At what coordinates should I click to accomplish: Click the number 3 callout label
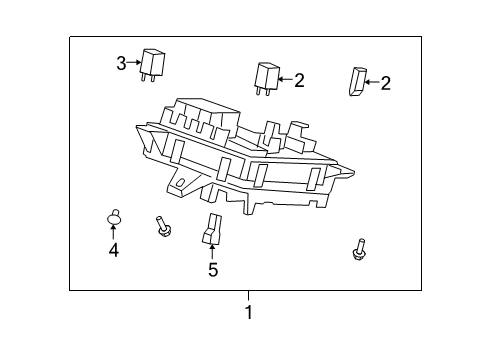[x=121, y=63]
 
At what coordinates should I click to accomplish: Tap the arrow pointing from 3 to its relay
[x=134, y=63]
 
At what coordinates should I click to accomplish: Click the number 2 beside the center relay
[x=299, y=79]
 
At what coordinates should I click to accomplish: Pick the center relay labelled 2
[x=266, y=78]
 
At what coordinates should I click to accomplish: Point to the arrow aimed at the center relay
[x=284, y=78]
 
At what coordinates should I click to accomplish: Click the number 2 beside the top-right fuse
[x=385, y=83]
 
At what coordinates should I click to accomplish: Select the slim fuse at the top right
[x=356, y=82]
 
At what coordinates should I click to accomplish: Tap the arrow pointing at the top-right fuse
[x=371, y=82]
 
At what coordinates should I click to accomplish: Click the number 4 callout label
[x=114, y=251]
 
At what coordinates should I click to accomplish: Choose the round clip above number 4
[x=114, y=219]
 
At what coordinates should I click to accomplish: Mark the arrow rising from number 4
[x=114, y=235]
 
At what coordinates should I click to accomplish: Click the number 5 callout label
[x=212, y=270]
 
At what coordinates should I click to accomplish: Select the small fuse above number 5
[x=212, y=229]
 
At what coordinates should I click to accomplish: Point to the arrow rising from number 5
[x=212, y=252]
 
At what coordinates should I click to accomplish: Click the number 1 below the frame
[x=249, y=312]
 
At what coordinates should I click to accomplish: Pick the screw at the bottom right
[x=359, y=250]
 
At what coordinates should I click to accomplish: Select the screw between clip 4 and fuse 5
[x=162, y=226]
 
